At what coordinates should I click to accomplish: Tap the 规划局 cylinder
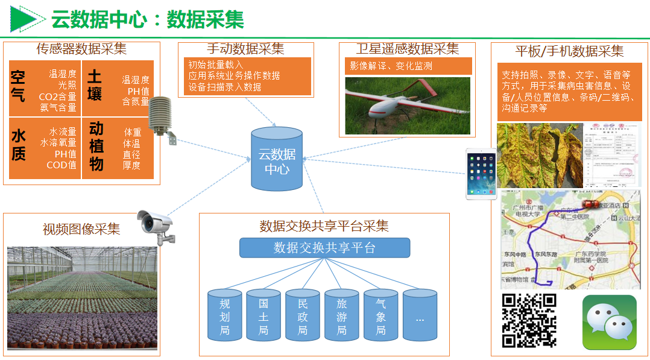(225, 315)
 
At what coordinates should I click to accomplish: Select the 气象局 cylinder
(380, 315)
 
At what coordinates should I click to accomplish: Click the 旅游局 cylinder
(342, 315)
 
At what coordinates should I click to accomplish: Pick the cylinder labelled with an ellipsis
(420, 315)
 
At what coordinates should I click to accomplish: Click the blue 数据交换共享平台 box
(324, 248)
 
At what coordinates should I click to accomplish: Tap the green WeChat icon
(609, 322)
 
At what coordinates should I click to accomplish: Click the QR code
(529, 320)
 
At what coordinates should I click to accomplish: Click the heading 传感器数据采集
(81, 49)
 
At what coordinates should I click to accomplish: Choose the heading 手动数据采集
(245, 49)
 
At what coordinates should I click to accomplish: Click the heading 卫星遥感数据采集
(407, 49)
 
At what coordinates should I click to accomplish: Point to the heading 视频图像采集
(81, 229)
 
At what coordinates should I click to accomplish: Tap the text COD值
(62, 165)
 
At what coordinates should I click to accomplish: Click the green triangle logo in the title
(26, 19)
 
